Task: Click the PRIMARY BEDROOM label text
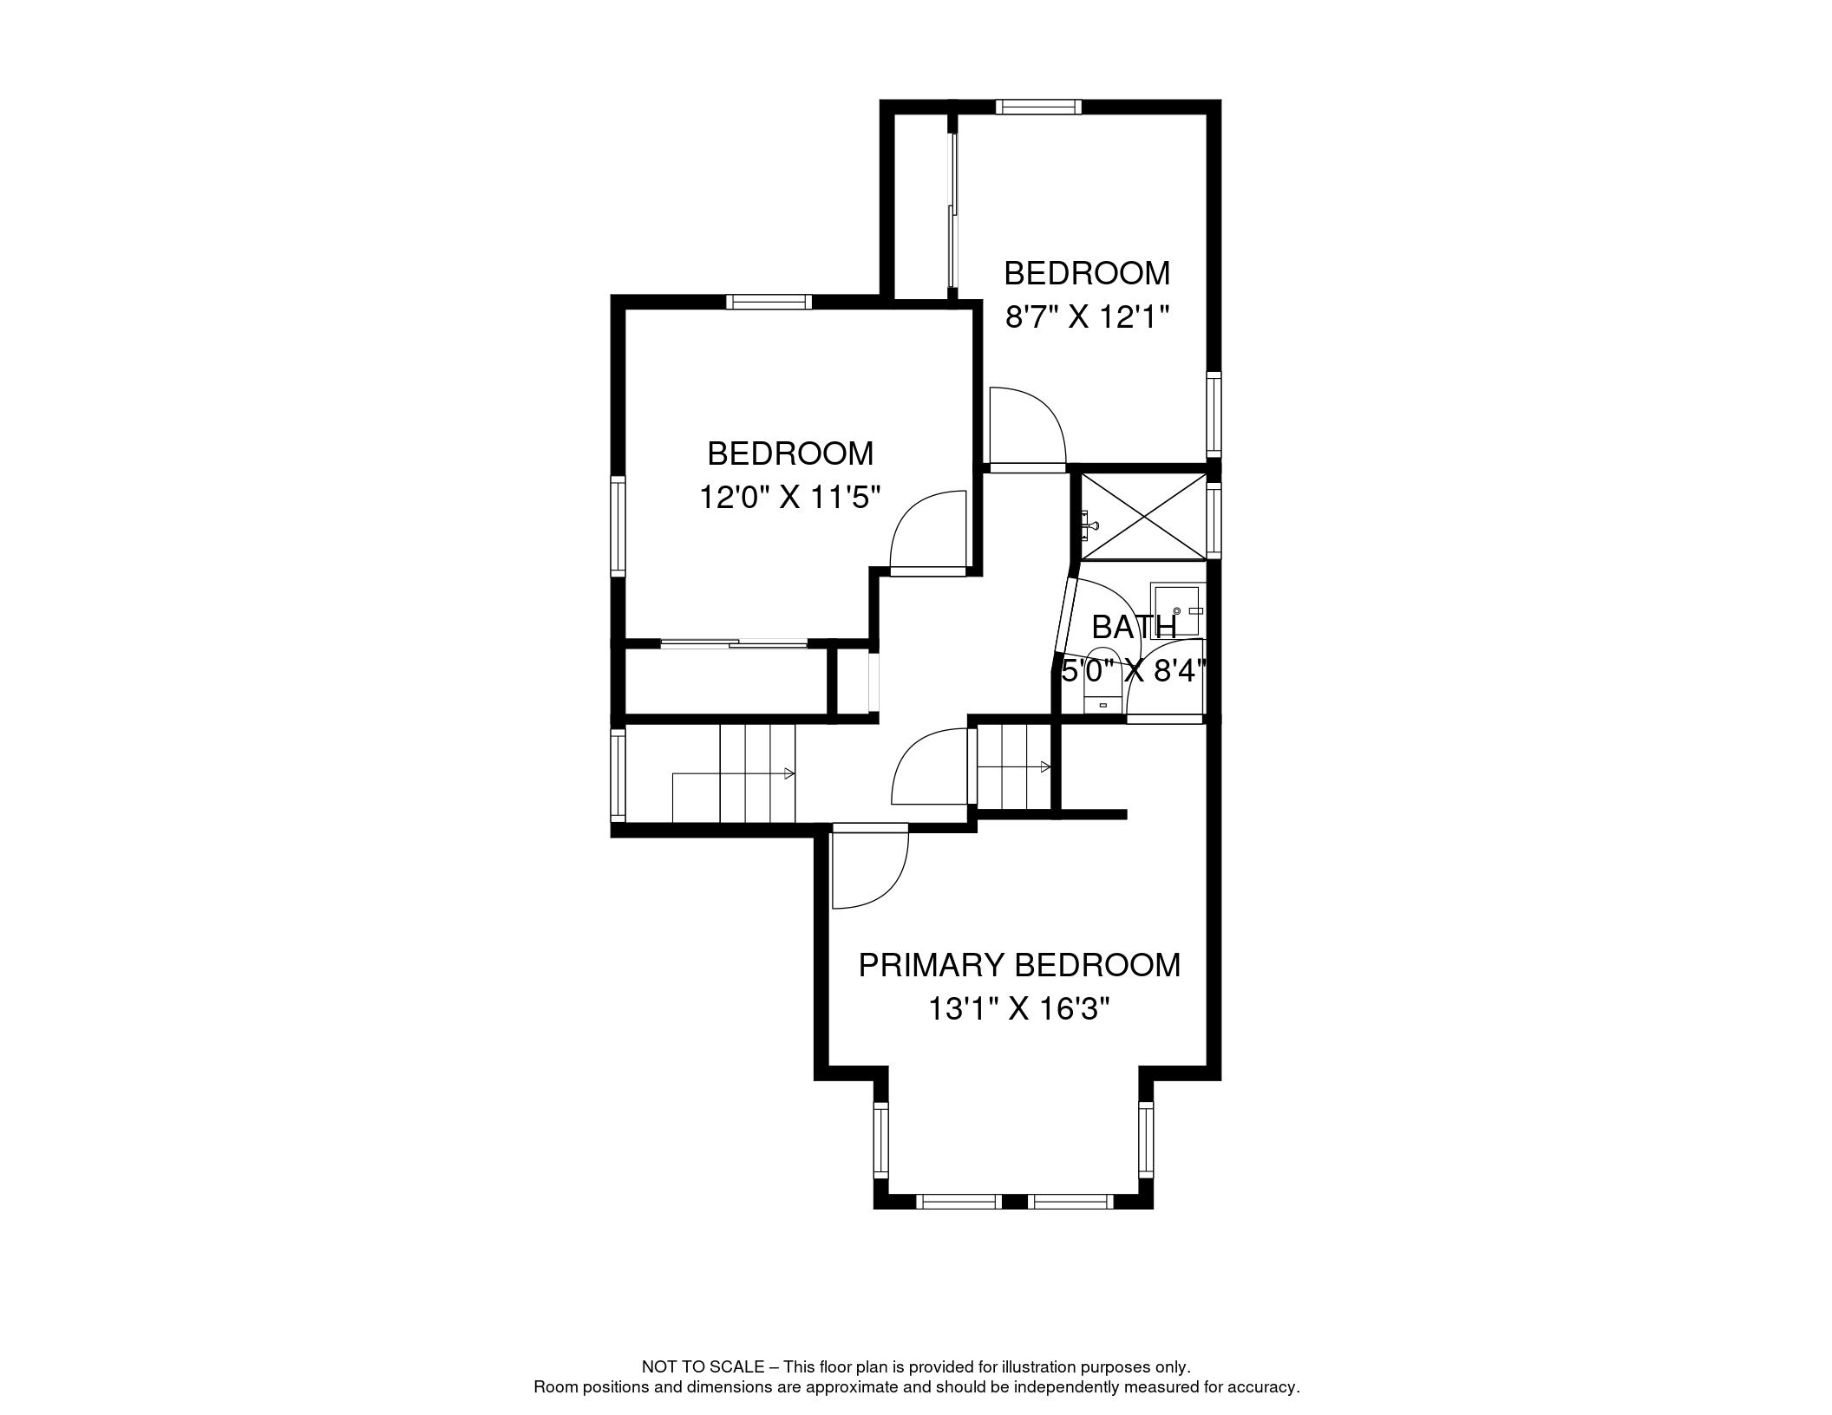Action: coord(1019,965)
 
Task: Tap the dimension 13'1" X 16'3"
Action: coord(1019,1009)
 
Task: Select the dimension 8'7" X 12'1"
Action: coord(1087,317)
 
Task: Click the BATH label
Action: coord(1134,626)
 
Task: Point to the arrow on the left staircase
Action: coord(788,773)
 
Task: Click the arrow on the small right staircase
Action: coord(1046,767)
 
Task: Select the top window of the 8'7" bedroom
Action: coord(1038,107)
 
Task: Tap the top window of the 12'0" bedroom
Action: coord(769,302)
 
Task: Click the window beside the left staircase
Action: coord(618,774)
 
